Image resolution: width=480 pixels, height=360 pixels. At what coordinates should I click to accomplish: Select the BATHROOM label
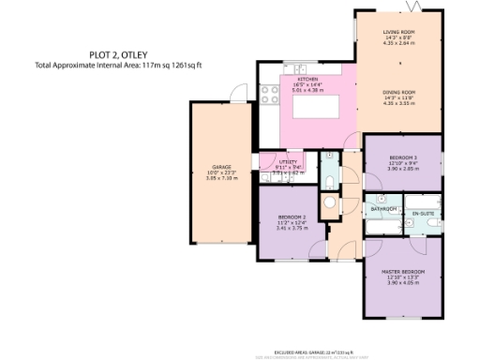383,208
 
